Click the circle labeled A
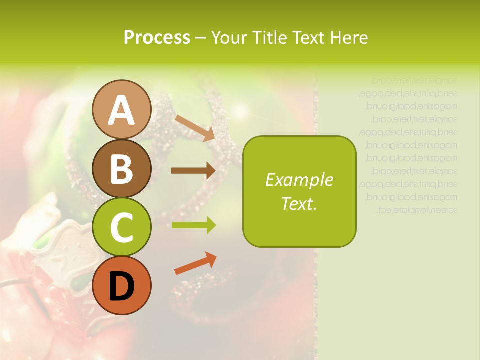pyautogui.click(x=121, y=109)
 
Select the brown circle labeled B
pyautogui.click(x=121, y=168)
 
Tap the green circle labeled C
pyautogui.click(x=121, y=227)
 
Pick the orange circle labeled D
pyautogui.click(x=121, y=286)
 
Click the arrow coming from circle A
pyautogui.click(x=195, y=128)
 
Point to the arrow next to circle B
pyautogui.click(x=193, y=171)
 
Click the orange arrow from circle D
pyautogui.click(x=195, y=263)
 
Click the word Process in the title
pyautogui.click(x=157, y=38)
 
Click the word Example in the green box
pyautogui.click(x=299, y=180)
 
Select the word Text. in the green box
pyautogui.click(x=299, y=203)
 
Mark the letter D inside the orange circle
pyautogui.click(x=121, y=287)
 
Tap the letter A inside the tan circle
pyautogui.click(x=121, y=110)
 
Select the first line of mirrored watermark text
pyautogui.click(x=414, y=80)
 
